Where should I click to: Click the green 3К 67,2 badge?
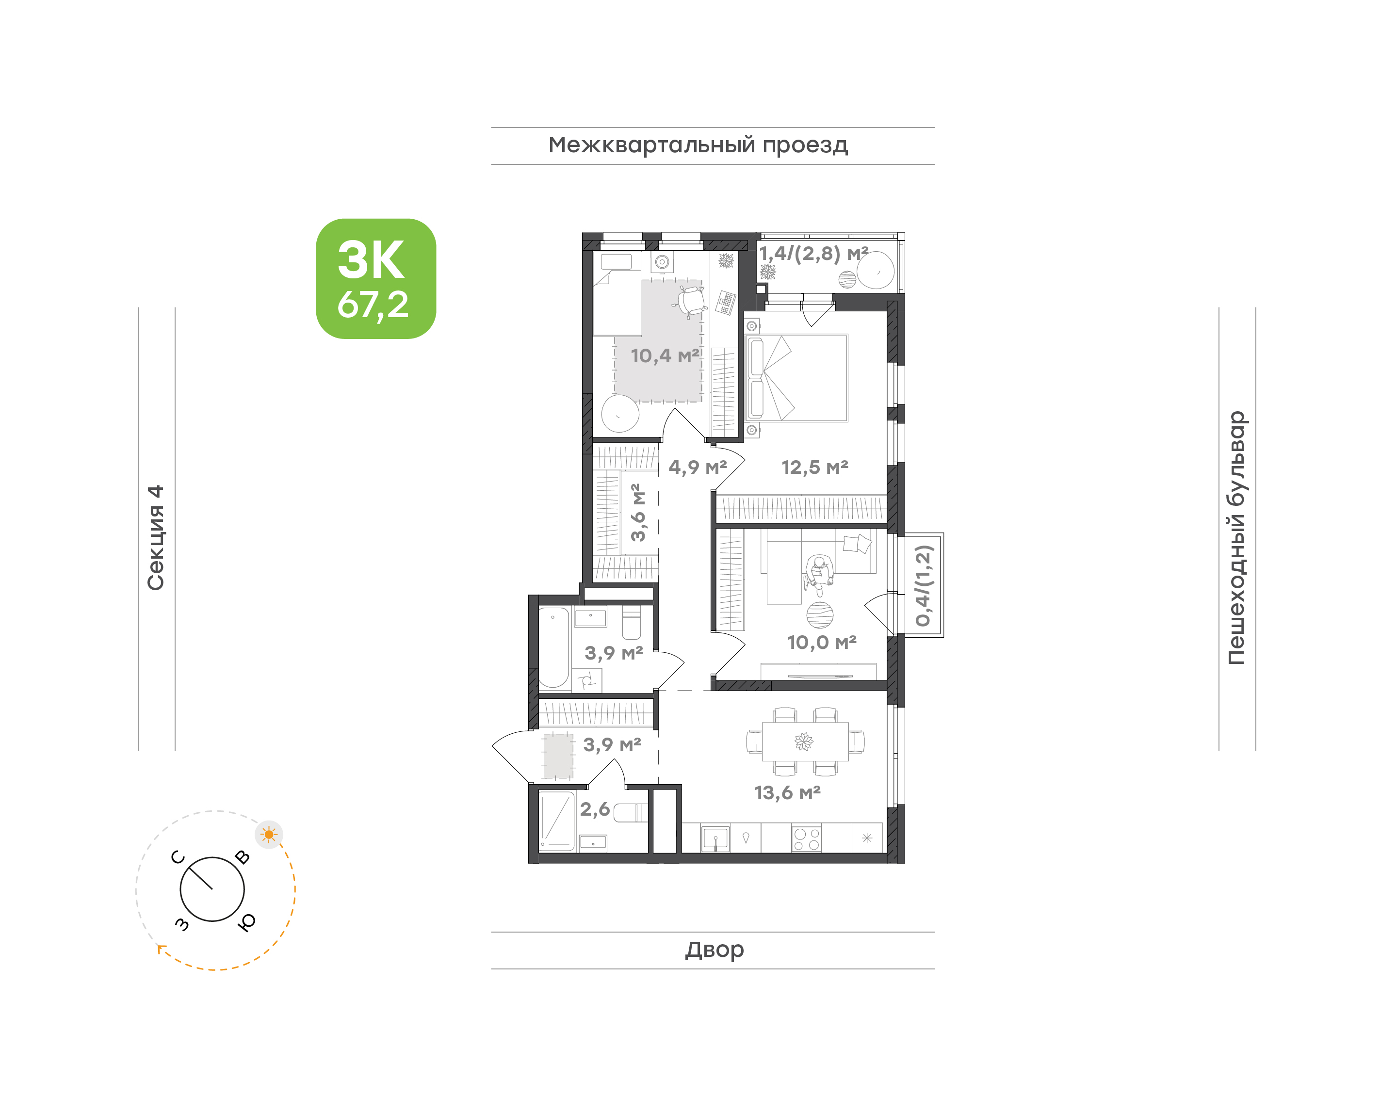376,278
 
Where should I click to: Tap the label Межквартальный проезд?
698,145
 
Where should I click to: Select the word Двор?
714,950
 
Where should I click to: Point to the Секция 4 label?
156,537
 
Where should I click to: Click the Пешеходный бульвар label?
1236,538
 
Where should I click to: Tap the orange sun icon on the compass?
269,835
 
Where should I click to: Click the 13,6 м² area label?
787,793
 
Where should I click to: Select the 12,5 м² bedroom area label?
815,467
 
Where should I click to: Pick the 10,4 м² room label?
665,355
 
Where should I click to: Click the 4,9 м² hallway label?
698,467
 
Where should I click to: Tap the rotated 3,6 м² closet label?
638,513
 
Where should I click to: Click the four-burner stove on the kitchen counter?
807,838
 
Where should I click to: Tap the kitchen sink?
715,838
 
